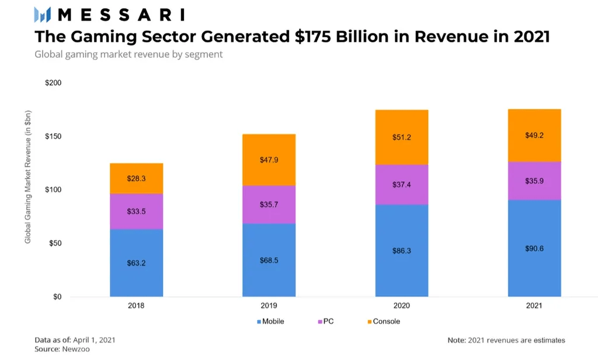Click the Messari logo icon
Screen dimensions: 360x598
coord(43,15)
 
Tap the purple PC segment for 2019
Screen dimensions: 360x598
coord(269,205)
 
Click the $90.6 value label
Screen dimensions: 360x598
coord(534,248)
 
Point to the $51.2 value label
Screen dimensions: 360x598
coord(401,138)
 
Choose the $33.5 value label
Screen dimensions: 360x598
coord(136,211)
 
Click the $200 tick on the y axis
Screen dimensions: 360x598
coord(53,83)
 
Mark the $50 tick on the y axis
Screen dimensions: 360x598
coord(55,243)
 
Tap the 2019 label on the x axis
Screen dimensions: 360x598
coord(269,306)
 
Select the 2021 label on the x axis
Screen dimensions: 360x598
coord(534,306)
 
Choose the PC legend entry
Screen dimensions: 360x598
coord(328,321)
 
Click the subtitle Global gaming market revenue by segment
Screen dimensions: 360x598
coord(128,54)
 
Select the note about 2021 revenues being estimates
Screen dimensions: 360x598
coord(506,340)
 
